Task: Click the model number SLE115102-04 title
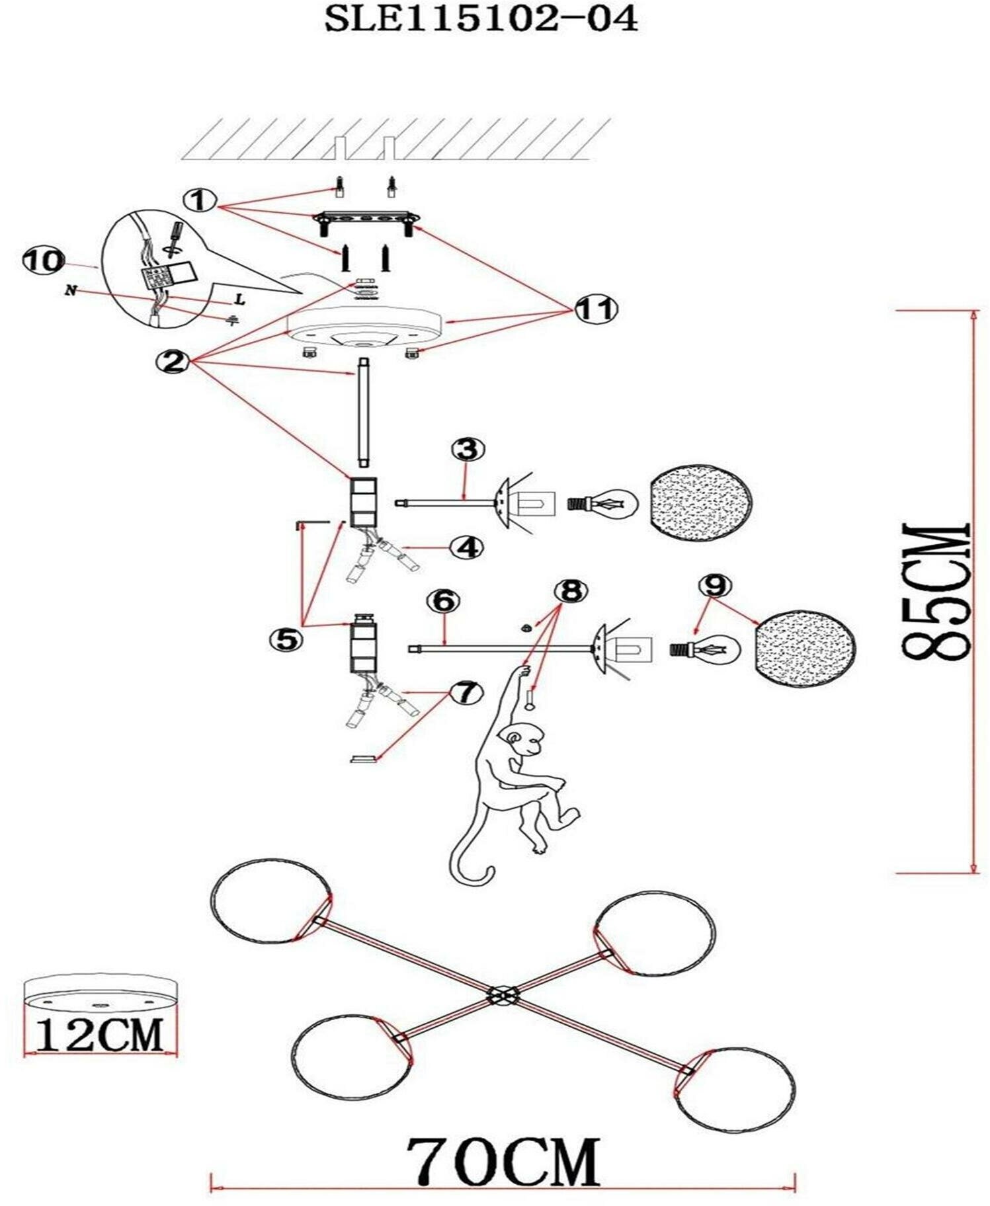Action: point(481,20)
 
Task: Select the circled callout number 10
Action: point(42,261)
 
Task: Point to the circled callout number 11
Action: point(595,309)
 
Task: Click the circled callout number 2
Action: point(173,361)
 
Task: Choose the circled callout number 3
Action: point(468,450)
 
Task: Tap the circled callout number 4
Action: point(468,547)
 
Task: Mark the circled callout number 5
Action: point(285,638)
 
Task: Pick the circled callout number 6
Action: point(444,600)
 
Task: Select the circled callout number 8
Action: point(571,590)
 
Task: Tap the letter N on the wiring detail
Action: point(70,290)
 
